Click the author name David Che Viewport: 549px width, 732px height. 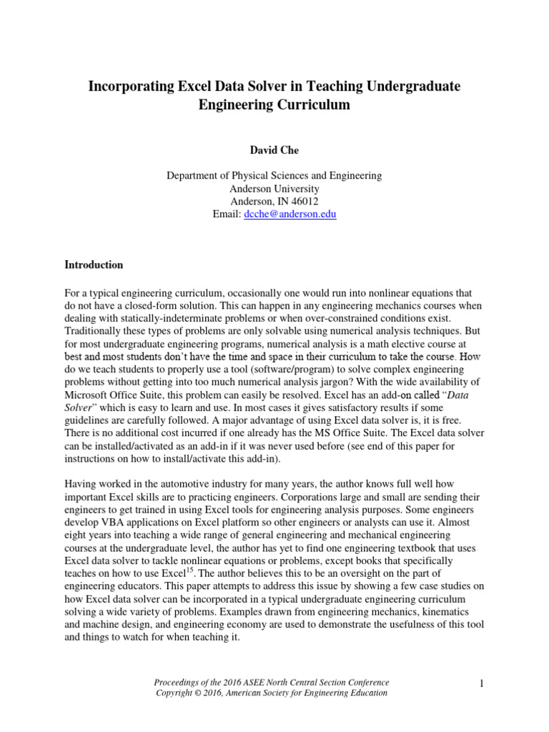click(274, 151)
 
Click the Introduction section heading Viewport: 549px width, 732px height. click(94, 264)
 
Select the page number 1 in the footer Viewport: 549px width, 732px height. click(482, 684)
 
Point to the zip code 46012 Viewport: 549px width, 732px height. click(304, 201)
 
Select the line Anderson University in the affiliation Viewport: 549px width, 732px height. click(274, 188)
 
